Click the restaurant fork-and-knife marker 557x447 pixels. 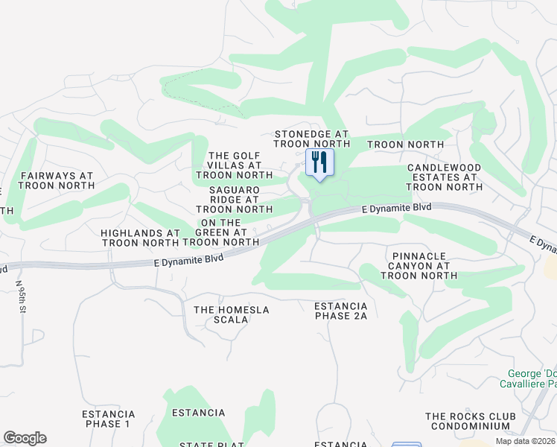(320, 163)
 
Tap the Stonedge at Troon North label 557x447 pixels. (312, 139)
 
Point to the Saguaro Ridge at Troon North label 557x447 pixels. (235, 200)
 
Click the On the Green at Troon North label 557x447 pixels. (220, 232)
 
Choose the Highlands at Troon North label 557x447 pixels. (141, 238)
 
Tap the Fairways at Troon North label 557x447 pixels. (57, 181)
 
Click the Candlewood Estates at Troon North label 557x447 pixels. (445, 177)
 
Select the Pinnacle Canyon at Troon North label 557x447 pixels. (418, 266)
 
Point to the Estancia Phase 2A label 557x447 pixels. (341, 311)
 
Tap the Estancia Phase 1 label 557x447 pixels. (109, 419)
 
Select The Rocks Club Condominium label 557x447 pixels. (468, 421)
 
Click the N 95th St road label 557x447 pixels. (21, 297)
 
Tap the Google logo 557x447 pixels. (25, 438)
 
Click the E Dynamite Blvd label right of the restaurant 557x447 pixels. (396, 209)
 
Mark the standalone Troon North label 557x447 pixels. (405, 144)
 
